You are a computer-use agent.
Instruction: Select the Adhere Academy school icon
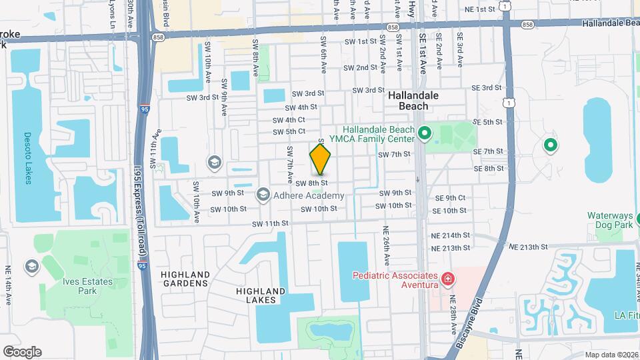(x=263, y=195)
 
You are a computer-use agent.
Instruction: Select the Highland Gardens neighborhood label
(x=185, y=279)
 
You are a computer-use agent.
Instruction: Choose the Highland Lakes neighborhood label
(x=261, y=295)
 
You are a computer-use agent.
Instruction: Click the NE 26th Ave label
(x=386, y=246)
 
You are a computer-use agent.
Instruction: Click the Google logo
(x=22, y=351)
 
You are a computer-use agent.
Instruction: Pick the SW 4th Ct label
(x=289, y=120)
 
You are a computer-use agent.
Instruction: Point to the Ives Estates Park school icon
(x=31, y=267)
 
